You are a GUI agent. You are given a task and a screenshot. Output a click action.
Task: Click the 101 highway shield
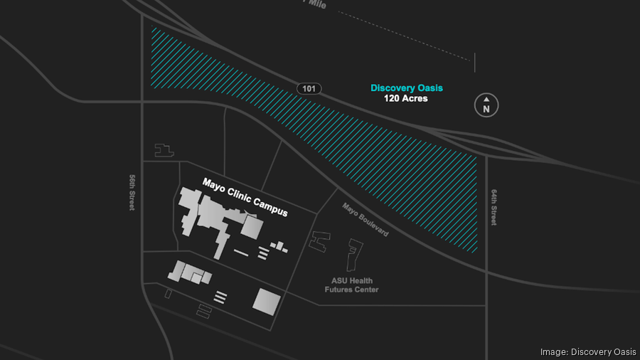309,88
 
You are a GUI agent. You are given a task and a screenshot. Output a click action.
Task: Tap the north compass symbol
486,105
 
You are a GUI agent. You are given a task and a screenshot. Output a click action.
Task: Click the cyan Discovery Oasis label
406,88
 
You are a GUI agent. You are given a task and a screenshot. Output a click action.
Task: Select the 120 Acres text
406,99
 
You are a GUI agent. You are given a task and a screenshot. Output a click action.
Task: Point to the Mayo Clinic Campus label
245,197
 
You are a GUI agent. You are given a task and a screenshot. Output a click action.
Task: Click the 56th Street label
132,193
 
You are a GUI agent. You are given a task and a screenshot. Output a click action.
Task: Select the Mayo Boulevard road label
365,220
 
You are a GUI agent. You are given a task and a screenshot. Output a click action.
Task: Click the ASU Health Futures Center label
351,285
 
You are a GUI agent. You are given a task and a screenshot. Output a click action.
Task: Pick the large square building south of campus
267,301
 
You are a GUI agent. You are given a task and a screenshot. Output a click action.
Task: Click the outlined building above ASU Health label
353,255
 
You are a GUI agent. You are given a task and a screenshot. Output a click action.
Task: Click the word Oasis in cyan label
429,88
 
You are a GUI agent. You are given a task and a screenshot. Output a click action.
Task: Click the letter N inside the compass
486,110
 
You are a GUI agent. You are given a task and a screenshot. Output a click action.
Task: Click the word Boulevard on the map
373,225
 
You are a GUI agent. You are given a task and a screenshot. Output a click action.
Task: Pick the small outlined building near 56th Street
164,150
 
